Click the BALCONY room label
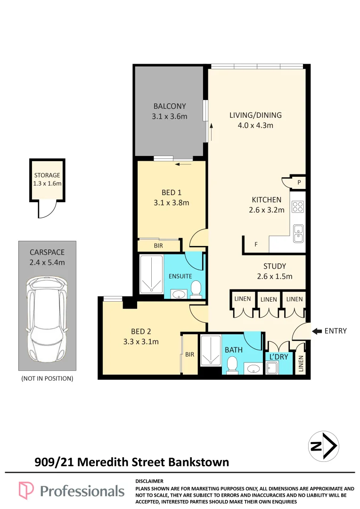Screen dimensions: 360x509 click(x=170, y=106)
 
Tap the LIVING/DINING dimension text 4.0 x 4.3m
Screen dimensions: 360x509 click(x=255, y=125)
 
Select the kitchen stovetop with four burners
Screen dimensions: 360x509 click(x=298, y=207)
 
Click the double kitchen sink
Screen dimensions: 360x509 click(x=298, y=233)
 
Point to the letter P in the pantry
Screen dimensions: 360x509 click(x=299, y=182)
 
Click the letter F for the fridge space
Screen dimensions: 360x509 click(x=256, y=245)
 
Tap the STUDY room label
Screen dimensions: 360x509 click(x=275, y=266)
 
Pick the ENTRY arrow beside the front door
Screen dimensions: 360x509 click(x=317, y=331)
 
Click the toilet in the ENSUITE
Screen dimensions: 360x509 click(x=196, y=289)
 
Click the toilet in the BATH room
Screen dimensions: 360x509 click(x=232, y=365)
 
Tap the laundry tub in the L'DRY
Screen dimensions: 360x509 click(x=271, y=369)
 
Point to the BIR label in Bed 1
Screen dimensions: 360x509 click(x=158, y=246)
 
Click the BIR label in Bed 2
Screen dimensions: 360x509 click(x=190, y=354)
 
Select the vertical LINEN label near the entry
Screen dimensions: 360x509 click(x=301, y=363)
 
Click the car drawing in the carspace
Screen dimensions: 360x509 click(x=48, y=319)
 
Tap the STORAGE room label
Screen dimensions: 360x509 click(x=47, y=175)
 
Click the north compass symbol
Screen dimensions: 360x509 click(x=323, y=446)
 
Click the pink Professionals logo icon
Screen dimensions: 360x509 click(x=26, y=490)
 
